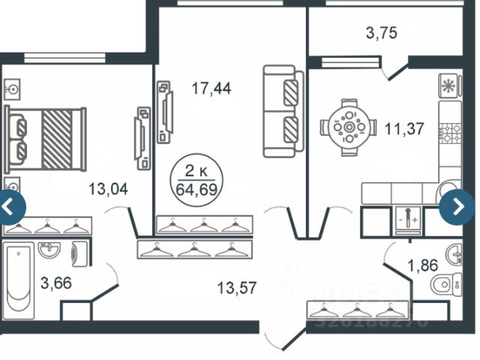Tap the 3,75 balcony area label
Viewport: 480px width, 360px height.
(x=381, y=32)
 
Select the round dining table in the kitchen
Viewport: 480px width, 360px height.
(x=348, y=128)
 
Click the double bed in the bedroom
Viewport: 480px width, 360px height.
(x=45, y=139)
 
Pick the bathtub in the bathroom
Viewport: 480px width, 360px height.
(x=18, y=277)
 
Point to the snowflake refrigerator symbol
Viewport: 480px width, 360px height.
(x=448, y=85)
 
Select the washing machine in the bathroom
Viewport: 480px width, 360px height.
(x=79, y=253)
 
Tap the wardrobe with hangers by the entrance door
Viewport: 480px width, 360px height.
(x=354, y=310)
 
